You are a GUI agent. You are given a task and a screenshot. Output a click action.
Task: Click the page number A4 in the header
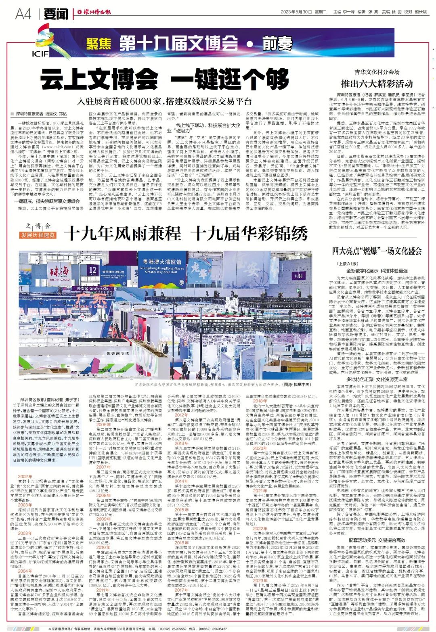[23, 14]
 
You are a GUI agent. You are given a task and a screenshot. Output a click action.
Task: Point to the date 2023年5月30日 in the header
[297, 12]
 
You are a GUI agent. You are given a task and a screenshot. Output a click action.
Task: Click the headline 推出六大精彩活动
[377, 84]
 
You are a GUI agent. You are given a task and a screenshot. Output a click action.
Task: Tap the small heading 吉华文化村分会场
[377, 72]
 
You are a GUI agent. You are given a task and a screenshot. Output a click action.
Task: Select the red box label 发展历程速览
[38, 235]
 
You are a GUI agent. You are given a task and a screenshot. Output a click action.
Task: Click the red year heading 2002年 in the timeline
[25, 477]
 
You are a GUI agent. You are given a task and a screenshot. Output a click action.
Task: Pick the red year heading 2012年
[182, 415]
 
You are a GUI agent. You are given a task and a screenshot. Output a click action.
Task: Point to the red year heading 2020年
[260, 448]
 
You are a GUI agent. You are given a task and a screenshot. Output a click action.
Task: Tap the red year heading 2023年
[260, 580]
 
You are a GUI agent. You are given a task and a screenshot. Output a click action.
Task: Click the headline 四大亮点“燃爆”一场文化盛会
[377, 251]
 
